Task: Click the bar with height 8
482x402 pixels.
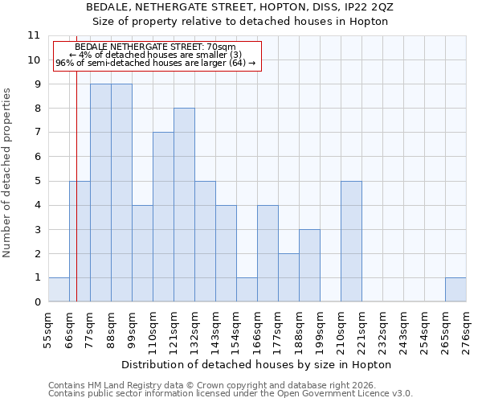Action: click(184, 205)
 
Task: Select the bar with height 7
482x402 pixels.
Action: click(163, 217)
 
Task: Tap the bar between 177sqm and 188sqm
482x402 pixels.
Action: click(288, 277)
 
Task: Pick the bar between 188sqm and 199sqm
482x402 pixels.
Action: click(309, 265)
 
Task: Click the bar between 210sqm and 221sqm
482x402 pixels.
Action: click(351, 241)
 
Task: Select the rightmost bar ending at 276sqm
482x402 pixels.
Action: click(455, 289)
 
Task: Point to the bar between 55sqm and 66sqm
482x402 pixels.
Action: click(59, 289)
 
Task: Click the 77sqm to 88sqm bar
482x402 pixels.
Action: click(100, 193)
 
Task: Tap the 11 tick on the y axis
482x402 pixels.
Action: click(34, 35)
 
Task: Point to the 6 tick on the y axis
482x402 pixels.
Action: click(37, 157)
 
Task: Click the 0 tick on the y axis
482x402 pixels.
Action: click(37, 302)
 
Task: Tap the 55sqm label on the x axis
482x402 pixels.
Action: click(48, 330)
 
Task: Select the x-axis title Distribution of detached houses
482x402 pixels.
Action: click(257, 364)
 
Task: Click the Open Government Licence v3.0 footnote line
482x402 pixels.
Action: click(231, 393)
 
